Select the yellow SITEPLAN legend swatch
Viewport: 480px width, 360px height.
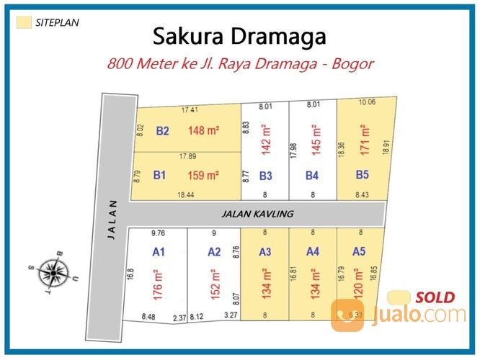pyautogui.click(x=24, y=22)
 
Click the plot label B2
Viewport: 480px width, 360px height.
pyautogui.click(x=162, y=131)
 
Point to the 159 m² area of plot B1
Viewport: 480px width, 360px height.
pyautogui.click(x=203, y=175)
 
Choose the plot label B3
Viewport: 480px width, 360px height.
pyautogui.click(x=265, y=176)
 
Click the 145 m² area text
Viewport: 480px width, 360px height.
pyautogui.click(x=315, y=140)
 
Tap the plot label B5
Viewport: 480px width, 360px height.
pyautogui.click(x=362, y=174)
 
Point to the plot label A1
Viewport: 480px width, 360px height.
pyautogui.click(x=159, y=252)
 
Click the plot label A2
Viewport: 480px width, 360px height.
pyautogui.click(x=214, y=252)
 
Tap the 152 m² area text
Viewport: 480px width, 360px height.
pyautogui.click(x=213, y=285)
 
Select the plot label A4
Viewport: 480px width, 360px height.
pyautogui.click(x=312, y=252)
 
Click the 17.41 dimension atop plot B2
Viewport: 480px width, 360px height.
pyautogui.click(x=190, y=110)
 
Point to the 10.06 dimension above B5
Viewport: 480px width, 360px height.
pyautogui.click(x=367, y=102)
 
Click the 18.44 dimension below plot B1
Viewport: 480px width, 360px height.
pyautogui.click(x=186, y=194)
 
